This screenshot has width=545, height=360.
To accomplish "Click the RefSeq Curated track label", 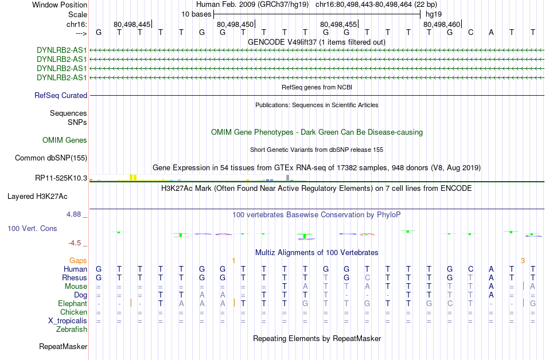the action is (61, 96).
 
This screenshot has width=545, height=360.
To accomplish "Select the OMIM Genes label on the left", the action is (65, 140).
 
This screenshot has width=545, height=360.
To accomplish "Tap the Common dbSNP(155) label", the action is (51, 158).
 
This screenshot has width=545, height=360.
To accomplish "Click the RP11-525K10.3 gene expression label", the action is (61, 178).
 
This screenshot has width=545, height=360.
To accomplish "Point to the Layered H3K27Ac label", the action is (37, 197).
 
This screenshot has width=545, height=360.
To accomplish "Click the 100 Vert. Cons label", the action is (32, 228).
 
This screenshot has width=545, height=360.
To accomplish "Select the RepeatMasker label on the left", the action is (63, 346).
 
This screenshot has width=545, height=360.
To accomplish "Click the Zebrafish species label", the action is (72, 329).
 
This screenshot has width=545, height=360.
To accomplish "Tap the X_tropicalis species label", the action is (68, 321).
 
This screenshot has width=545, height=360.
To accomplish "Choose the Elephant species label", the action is (72, 304).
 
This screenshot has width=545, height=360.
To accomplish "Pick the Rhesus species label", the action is (75, 277).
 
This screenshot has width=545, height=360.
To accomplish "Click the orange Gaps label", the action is (78, 261).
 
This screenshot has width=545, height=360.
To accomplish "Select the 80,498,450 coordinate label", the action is (235, 24).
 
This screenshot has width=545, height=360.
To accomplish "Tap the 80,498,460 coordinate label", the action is (442, 24).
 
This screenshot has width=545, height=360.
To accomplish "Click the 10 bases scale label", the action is (196, 14).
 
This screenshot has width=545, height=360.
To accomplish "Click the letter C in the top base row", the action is (470, 33).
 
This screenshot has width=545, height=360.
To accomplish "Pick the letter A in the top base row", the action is (491, 33).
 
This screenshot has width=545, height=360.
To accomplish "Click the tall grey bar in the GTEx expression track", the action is (287, 178).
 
